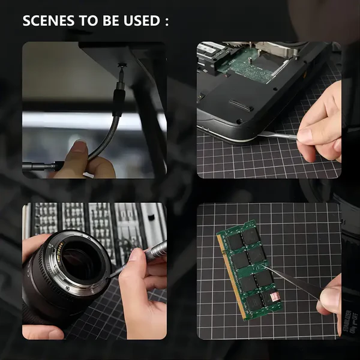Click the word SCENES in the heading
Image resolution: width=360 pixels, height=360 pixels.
point(49,20)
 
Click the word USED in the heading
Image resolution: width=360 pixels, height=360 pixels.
point(142,20)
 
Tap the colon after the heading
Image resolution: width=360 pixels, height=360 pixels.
point(167,22)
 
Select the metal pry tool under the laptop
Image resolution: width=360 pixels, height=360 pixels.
point(278,136)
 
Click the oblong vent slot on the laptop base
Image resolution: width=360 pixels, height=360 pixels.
point(242,105)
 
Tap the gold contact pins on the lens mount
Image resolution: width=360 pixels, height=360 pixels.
point(59,251)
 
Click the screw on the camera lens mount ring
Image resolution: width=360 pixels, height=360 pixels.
point(67,288)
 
